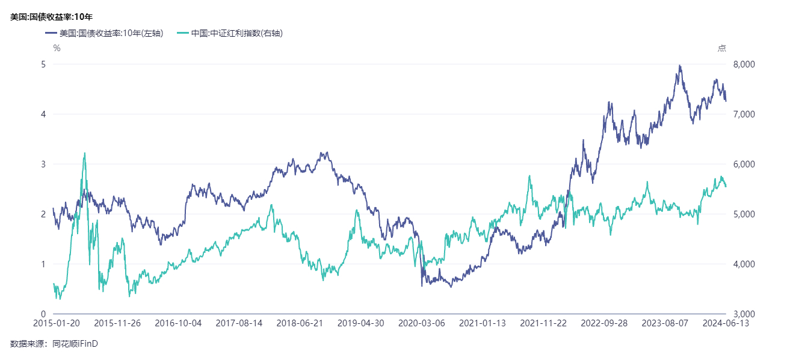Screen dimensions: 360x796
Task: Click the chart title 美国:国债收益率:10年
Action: (51, 17)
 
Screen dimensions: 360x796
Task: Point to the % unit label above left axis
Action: (57, 48)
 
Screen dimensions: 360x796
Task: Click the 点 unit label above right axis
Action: (721, 48)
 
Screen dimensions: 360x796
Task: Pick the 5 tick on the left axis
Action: (43, 64)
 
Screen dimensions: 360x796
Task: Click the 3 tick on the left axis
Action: (43, 164)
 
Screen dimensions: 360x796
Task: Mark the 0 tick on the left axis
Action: (43, 314)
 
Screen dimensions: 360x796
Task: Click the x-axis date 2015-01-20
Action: (54, 323)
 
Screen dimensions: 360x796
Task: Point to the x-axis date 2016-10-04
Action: (179, 323)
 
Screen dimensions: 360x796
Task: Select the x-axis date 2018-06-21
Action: (300, 323)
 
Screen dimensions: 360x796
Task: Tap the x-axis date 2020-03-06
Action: (422, 323)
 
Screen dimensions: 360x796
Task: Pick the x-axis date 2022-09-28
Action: (604, 323)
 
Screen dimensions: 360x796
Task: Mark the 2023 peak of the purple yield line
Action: (679, 66)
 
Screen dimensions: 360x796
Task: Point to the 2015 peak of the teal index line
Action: (84, 153)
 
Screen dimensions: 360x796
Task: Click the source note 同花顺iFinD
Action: (75, 344)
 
